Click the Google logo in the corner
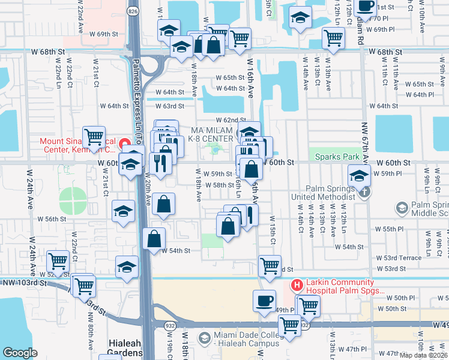20,353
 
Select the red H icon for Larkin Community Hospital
295,285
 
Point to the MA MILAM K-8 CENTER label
211,135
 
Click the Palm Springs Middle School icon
402,208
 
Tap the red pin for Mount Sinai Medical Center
124,143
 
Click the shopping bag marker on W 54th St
154,238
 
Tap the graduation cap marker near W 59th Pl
358,175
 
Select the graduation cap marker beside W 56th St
123,211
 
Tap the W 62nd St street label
227,120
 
